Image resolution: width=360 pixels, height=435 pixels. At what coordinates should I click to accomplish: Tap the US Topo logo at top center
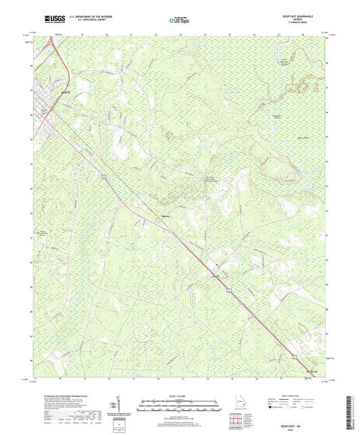(x=179, y=21)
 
